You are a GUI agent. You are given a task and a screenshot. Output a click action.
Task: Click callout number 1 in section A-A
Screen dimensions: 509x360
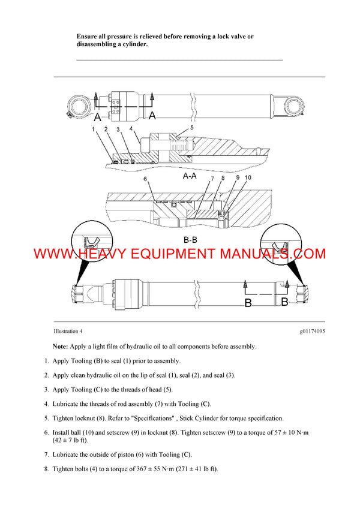click(94, 129)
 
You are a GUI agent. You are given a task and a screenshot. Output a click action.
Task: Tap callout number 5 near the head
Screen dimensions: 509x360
click(192, 128)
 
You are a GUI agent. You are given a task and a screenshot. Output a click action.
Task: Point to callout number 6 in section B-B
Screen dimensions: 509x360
click(145, 179)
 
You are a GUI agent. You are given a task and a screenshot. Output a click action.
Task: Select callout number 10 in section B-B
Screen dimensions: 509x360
click(248, 178)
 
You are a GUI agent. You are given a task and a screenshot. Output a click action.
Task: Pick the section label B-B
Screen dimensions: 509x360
click(190, 239)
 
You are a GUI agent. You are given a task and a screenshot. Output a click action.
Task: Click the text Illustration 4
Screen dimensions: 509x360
click(68, 331)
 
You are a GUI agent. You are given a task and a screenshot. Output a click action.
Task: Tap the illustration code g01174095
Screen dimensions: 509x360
click(313, 331)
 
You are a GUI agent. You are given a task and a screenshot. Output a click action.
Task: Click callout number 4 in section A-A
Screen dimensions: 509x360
click(130, 129)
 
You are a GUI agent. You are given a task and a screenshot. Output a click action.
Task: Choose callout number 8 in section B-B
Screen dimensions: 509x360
click(223, 178)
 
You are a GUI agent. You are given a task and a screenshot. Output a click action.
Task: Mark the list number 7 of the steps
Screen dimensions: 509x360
click(46, 454)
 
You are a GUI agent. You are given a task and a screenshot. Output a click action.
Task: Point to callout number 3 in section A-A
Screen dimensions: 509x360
click(118, 129)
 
